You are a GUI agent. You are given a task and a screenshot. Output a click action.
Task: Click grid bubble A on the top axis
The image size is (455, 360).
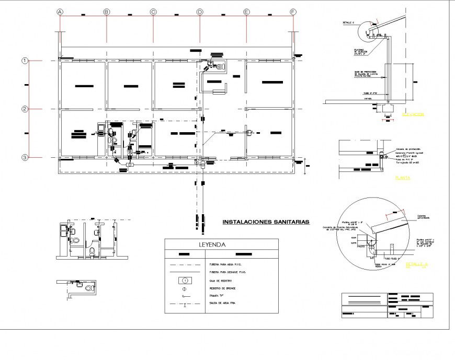(x=60, y=11)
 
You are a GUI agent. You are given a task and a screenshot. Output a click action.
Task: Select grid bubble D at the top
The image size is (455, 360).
(x=200, y=11)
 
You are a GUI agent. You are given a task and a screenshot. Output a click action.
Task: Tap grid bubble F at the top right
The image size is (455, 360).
(x=293, y=11)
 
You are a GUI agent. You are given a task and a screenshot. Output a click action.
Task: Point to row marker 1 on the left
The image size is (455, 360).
(x=24, y=61)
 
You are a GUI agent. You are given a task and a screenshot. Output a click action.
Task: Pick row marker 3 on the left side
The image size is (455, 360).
(x=24, y=157)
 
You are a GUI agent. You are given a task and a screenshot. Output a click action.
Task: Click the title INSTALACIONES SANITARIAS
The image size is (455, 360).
(x=266, y=222)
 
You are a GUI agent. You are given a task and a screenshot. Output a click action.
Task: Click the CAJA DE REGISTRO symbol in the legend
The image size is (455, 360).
(x=184, y=281)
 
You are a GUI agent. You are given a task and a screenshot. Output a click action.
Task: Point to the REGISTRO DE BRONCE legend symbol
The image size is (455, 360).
(x=184, y=289)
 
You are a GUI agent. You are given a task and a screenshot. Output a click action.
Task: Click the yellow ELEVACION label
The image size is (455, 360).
(x=413, y=114)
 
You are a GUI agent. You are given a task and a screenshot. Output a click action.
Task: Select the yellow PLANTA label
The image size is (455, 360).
(x=402, y=178)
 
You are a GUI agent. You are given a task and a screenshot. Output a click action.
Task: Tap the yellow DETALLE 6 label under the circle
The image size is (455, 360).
(x=416, y=264)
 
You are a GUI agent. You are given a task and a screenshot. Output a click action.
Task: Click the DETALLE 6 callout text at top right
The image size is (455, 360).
(x=348, y=23)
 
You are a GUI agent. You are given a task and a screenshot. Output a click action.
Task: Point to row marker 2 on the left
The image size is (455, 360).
(x=24, y=109)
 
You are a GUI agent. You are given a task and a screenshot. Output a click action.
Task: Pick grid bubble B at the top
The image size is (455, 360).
(x=106, y=11)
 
